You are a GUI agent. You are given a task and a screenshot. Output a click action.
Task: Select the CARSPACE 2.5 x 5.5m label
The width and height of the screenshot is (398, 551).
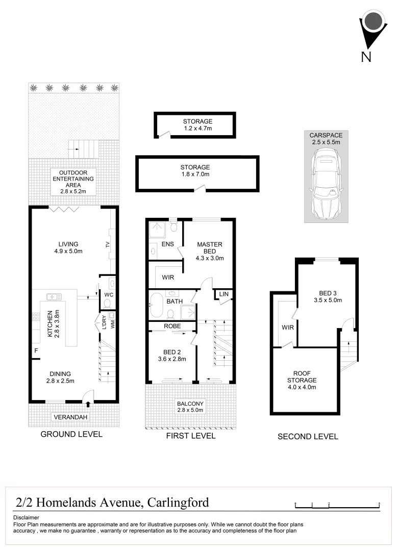[x=326, y=139]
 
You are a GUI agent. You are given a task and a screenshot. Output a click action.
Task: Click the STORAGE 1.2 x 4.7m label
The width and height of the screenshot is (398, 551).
[x=197, y=125]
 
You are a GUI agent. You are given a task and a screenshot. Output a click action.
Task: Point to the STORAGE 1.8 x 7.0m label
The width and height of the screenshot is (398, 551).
[x=194, y=170]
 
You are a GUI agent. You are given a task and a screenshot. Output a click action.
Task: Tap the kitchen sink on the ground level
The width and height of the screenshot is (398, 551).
[x=53, y=296]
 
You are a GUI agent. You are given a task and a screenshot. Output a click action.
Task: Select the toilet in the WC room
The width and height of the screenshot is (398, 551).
[x=107, y=303]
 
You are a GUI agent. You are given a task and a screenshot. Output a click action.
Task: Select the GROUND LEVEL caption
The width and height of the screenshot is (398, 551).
[x=71, y=434]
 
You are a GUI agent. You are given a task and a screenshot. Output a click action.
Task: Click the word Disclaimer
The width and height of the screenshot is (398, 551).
[x=26, y=517]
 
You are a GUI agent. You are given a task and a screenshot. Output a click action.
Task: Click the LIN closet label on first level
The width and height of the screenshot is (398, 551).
[x=223, y=294]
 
